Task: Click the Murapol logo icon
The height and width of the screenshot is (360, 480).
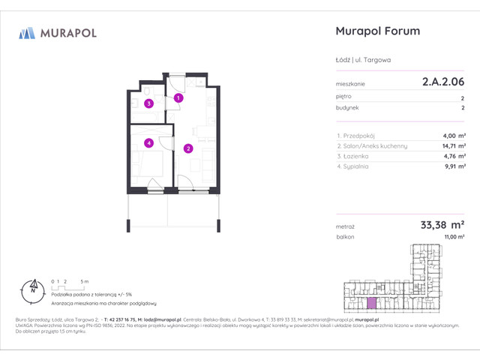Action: click(27, 33)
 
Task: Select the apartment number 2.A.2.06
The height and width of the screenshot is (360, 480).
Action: click(442, 85)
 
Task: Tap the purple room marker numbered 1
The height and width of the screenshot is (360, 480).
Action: click(178, 97)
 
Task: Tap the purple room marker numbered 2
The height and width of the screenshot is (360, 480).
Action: click(187, 148)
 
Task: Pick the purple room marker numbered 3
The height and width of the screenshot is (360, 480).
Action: click(149, 104)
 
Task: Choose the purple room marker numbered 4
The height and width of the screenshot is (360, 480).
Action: click(149, 142)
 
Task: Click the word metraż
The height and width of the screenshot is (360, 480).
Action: click(346, 226)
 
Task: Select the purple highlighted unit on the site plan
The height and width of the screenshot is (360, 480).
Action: click(372, 302)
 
